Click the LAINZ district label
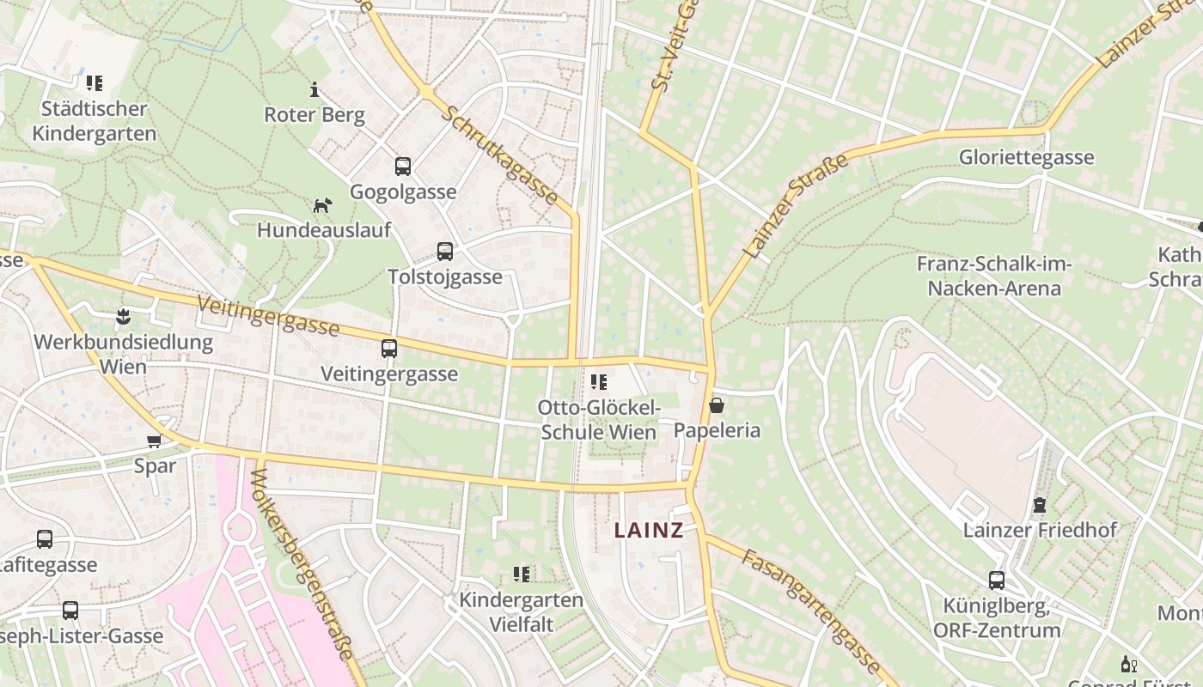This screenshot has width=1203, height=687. (649, 531)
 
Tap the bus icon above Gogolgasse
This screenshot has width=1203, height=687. (402, 167)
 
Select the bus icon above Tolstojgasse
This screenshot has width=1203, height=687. (444, 252)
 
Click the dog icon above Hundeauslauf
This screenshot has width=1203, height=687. (322, 205)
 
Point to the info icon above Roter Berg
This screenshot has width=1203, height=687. (314, 89)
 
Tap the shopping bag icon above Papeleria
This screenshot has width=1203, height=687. (717, 405)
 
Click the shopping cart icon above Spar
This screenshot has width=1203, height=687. (154, 441)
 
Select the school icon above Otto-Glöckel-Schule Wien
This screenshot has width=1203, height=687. (599, 381)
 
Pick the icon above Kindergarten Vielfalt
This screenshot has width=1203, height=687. (521, 574)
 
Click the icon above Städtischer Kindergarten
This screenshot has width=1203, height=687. (95, 83)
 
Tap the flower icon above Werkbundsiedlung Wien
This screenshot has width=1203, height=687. (123, 317)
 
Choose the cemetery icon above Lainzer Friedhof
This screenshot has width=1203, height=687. (1040, 504)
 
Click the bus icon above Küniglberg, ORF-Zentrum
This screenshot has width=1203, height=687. (996, 581)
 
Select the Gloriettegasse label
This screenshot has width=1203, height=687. (1026, 157)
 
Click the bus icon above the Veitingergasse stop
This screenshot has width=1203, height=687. (388, 349)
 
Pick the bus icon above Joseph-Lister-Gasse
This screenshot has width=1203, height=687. (70, 611)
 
